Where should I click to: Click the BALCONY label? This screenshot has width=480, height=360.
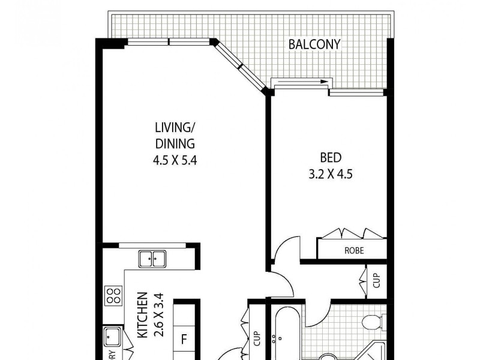[314, 44]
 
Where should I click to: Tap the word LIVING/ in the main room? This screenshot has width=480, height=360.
[175, 127]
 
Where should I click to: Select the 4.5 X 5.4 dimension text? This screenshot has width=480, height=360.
[175, 160]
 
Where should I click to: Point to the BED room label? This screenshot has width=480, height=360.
[331, 158]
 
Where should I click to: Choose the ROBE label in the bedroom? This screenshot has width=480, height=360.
[353, 250]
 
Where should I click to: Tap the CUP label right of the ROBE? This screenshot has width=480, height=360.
[376, 280]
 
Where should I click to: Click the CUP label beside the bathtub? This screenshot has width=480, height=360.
[257, 339]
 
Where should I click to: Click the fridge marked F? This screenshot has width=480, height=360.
[184, 338]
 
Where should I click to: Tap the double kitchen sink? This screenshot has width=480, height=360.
[152, 259]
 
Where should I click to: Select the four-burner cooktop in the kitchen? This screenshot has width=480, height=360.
[113, 295]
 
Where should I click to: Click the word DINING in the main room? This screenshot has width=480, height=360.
[175, 143]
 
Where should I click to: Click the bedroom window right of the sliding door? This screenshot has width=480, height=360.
[356, 93]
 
